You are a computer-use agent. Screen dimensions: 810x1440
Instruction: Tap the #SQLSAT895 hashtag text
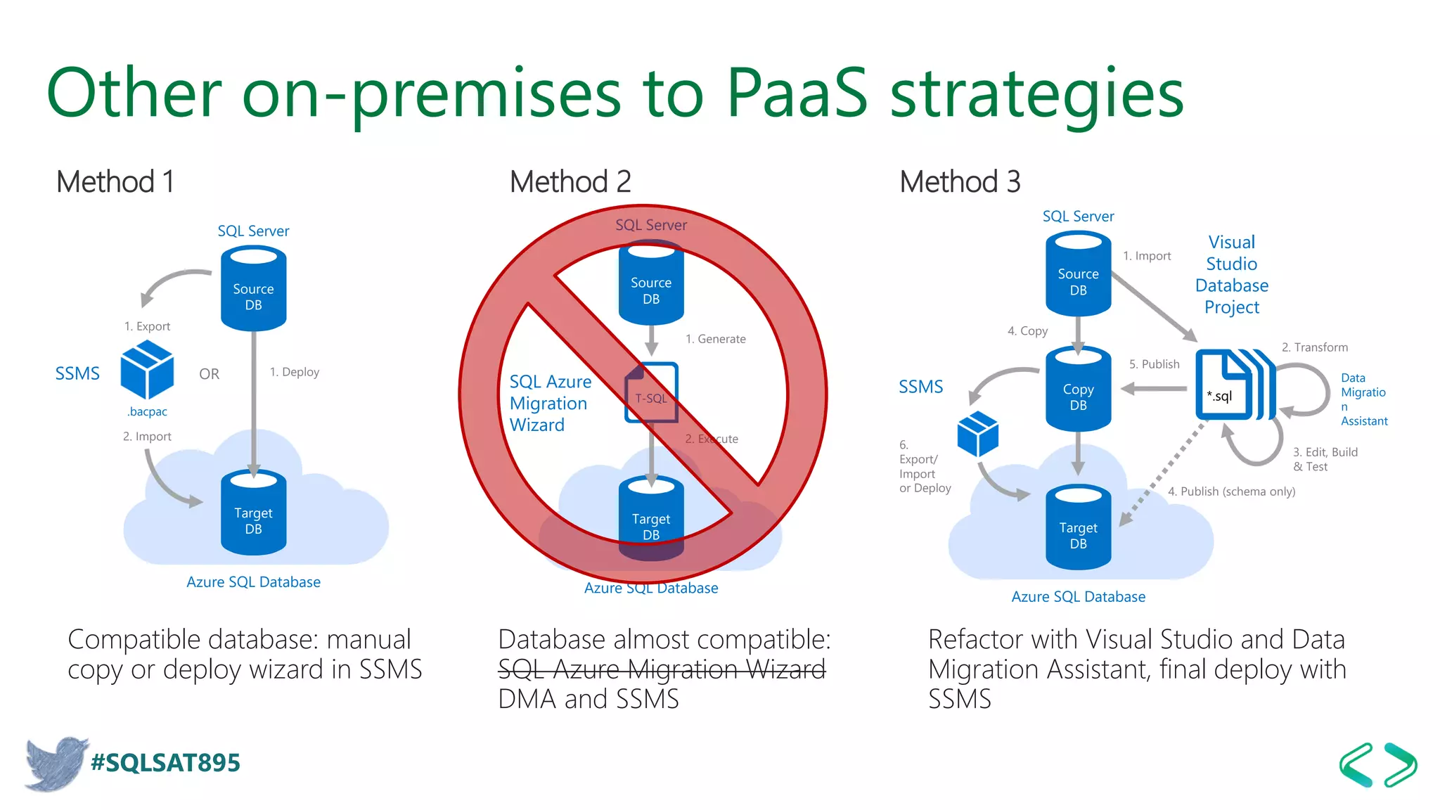click(x=165, y=763)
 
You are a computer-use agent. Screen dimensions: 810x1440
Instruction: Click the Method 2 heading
click(x=570, y=182)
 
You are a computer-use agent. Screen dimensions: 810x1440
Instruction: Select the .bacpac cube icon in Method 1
click(x=147, y=369)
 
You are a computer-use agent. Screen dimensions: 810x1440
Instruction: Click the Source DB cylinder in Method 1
click(x=253, y=289)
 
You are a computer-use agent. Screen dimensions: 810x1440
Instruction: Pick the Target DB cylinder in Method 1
click(x=253, y=513)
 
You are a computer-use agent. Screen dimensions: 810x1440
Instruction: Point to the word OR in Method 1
click(x=209, y=374)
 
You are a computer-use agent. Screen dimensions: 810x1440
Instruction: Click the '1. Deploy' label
click(x=294, y=372)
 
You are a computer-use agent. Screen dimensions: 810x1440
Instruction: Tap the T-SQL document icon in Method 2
click(x=651, y=392)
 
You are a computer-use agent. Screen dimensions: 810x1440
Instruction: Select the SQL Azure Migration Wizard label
click(x=550, y=403)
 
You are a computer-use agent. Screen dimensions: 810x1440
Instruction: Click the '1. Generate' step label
click(x=715, y=339)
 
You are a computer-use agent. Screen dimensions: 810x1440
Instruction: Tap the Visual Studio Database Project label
click(x=1231, y=275)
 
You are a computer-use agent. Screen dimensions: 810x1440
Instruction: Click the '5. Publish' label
click(x=1154, y=364)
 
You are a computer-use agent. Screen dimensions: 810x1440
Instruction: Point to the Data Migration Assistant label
click(x=1363, y=399)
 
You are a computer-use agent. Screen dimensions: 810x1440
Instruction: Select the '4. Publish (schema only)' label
click(x=1231, y=491)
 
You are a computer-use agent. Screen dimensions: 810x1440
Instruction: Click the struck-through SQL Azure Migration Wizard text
click(x=661, y=669)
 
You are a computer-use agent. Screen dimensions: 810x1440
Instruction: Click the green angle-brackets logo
click(x=1377, y=764)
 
